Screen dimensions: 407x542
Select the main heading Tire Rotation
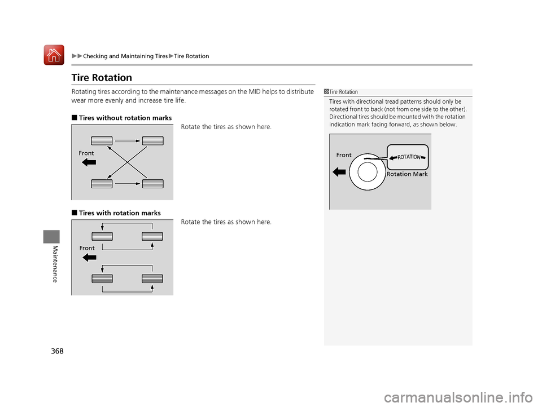tap(102, 78)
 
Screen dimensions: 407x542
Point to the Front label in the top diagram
tap(86, 153)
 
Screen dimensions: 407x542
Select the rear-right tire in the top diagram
tap(152, 183)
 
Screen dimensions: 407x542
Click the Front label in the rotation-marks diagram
tap(86, 248)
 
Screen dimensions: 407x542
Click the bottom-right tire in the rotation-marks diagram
tap(152, 278)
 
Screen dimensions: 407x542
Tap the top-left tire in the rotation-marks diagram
tap(102, 236)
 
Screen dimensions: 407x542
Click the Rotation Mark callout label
tap(407, 175)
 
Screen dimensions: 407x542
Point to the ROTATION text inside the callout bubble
tap(409, 157)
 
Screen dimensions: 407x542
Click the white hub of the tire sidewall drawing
tap(368, 172)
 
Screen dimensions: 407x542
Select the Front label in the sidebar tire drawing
tap(344, 155)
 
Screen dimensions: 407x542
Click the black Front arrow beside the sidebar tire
tap(339, 171)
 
